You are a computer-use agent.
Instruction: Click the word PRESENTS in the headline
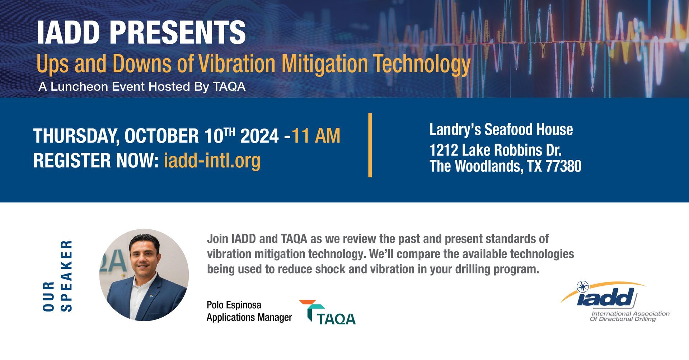(x=177, y=32)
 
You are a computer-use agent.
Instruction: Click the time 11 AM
(x=316, y=136)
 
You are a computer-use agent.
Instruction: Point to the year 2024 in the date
(x=259, y=136)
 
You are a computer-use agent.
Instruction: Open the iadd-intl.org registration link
(x=212, y=160)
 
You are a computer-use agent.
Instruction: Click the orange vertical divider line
(x=370, y=145)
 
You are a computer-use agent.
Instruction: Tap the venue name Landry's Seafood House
(x=501, y=130)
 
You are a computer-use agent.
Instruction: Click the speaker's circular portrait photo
(x=144, y=275)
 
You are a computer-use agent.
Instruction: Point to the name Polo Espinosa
(x=234, y=305)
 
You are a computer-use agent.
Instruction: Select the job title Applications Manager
(x=249, y=318)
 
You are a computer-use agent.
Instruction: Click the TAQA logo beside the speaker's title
(x=327, y=312)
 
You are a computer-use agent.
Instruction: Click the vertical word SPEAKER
(x=67, y=276)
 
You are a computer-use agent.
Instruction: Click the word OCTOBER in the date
(x=161, y=136)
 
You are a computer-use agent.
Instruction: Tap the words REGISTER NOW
(x=96, y=160)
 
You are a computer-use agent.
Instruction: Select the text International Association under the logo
(x=631, y=314)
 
